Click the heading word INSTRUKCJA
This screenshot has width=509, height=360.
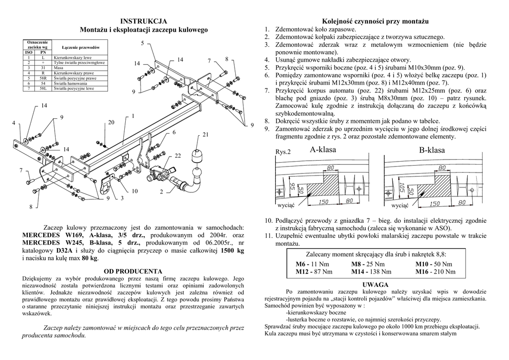(x=144, y=21)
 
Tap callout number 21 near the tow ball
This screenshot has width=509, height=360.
(x=205, y=135)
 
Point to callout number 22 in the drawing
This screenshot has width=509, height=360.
(x=177, y=156)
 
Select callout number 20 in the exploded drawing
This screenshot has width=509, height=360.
(x=111, y=122)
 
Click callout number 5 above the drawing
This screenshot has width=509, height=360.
(x=142, y=44)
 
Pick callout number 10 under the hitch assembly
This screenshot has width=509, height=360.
(x=134, y=191)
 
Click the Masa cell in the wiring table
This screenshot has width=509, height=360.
(x=59, y=68)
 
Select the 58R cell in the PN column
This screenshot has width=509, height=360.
(x=43, y=78)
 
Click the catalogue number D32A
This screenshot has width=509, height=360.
(x=64, y=251)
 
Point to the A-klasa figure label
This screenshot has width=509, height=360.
(x=323, y=150)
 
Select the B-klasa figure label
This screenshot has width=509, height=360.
(x=431, y=150)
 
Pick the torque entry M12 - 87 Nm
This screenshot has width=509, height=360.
(x=314, y=272)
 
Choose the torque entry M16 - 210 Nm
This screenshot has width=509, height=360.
(x=435, y=272)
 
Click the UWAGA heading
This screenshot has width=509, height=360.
(x=375, y=284)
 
